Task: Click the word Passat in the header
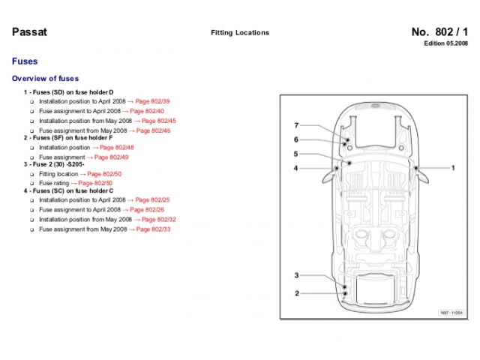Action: [x=28, y=31]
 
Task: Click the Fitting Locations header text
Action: [x=240, y=33]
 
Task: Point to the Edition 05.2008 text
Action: [x=445, y=44]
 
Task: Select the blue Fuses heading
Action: [x=25, y=61]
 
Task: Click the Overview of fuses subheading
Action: [x=45, y=78]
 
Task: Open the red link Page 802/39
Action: [x=153, y=100]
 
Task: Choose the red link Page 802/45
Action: [x=159, y=120]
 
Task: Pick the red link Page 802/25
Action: [x=153, y=200]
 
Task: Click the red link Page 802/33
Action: [x=154, y=229]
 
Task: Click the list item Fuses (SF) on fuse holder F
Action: [x=71, y=139]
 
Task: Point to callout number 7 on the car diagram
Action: [x=295, y=125]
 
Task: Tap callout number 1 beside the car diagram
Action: [x=452, y=169]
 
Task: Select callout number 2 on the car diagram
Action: [x=296, y=293]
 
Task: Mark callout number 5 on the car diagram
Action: [x=295, y=154]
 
